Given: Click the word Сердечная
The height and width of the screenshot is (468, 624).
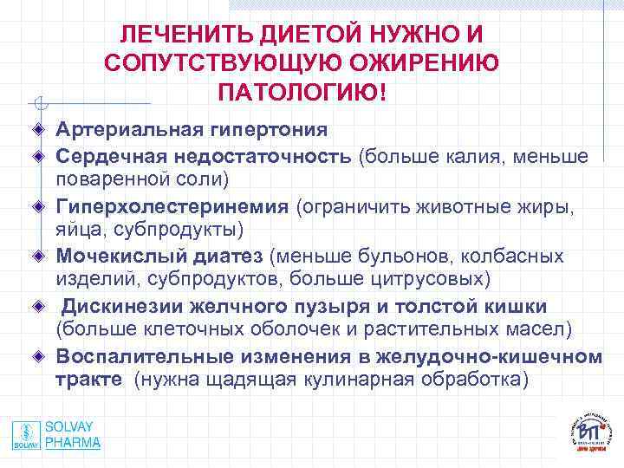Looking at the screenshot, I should click(x=107, y=156).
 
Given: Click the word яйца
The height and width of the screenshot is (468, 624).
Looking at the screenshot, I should click(x=78, y=231).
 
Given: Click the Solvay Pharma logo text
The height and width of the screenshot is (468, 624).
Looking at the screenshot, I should click(x=72, y=435).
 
